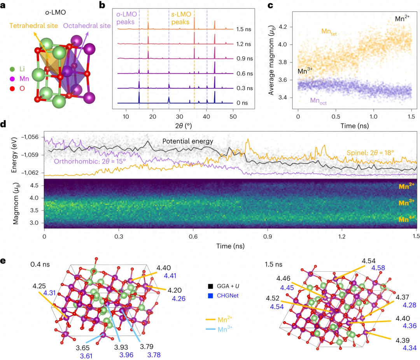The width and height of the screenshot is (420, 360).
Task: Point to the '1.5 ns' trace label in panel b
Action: [x=244, y=29]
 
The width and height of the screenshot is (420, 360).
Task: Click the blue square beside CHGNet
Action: [x=210, y=296]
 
